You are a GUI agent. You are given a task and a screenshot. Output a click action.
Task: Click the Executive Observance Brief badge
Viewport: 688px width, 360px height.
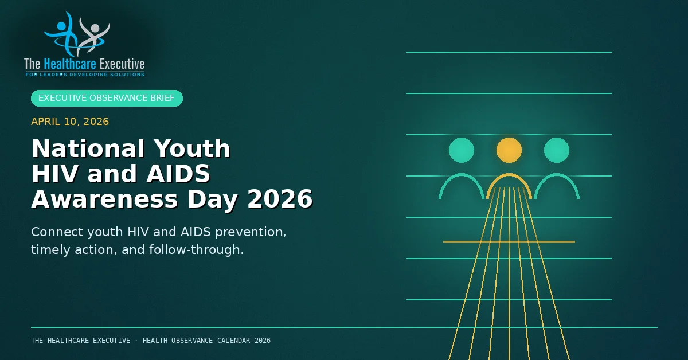(107, 98)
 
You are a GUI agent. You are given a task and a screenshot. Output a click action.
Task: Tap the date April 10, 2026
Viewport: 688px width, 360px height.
(70, 122)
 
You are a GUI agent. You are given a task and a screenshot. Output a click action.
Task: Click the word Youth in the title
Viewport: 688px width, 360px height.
(192, 148)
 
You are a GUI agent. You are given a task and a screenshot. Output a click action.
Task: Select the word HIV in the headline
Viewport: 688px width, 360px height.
(54, 174)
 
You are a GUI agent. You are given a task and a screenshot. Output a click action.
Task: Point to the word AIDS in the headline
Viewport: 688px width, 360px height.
(178, 174)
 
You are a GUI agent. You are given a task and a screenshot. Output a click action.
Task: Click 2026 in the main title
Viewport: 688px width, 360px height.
(280, 199)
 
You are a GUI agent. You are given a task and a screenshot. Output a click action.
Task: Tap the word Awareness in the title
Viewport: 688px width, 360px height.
(105, 199)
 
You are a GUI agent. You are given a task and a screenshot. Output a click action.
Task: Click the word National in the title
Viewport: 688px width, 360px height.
(88, 148)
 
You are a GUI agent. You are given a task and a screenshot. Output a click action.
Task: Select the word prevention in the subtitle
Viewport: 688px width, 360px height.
(251, 232)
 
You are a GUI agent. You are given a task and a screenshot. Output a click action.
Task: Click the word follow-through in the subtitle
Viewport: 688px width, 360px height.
(196, 250)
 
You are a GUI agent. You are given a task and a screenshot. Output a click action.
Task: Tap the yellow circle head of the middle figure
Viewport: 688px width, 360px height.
(509, 150)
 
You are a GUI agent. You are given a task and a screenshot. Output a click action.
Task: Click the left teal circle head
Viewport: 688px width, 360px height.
(462, 150)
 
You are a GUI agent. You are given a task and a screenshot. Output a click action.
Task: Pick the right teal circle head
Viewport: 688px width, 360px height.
(557, 150)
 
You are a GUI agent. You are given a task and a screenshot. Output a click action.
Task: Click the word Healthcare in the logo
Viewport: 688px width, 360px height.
(70, 64)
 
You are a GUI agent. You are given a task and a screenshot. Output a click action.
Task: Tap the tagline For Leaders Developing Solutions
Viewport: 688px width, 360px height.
(85, 75)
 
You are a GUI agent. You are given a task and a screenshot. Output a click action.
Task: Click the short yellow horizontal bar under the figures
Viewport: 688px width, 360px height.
(509, 242)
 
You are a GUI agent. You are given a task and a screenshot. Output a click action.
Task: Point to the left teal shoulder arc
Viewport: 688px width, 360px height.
(462, 175)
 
